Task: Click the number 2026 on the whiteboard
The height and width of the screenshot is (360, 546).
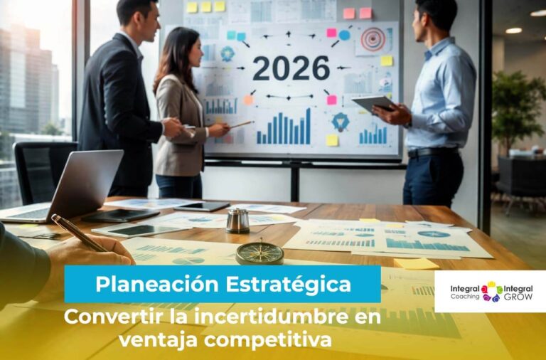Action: [291, 69]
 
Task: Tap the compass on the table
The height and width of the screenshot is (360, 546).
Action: [260, 252]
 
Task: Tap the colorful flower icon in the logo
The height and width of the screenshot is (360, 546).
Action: [491, 292]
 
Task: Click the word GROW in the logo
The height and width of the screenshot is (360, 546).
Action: [518, 297]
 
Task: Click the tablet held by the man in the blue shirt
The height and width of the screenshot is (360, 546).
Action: [372, 103]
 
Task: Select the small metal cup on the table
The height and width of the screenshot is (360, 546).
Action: [238, 221]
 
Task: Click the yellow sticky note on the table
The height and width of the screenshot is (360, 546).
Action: [416, 263]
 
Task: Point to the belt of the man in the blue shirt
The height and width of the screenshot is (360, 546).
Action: [432, 152]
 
